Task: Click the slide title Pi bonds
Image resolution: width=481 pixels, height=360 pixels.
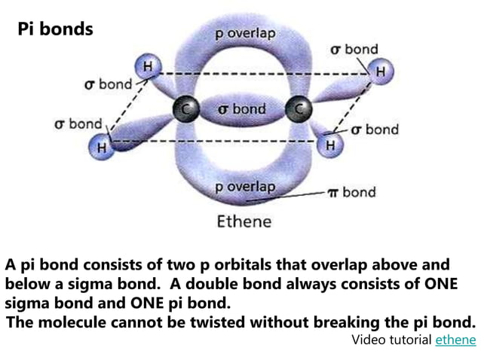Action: click(56, 29)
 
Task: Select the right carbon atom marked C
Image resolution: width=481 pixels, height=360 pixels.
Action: click(299, 110)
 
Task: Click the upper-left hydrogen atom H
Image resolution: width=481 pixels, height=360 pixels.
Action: click(148, 67)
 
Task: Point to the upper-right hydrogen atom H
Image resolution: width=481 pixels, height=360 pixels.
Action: click(381, 72)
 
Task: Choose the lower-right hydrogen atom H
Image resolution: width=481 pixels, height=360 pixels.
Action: click(329, 144)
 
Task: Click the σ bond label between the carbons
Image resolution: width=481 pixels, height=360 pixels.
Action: click(241, 109)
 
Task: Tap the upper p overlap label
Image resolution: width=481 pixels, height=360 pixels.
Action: click(245, 34)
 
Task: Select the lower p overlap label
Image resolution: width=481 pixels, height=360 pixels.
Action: click(245, 187)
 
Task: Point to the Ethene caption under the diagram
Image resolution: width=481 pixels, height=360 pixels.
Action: click(244, 221)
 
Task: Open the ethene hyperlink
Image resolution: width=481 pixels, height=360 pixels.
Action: click(455, 340)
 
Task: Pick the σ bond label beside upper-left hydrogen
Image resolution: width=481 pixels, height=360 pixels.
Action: click(108, 84)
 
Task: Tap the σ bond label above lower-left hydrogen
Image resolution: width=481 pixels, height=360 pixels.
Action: click(78, 124)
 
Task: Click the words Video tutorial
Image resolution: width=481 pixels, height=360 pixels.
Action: click(391, 340)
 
